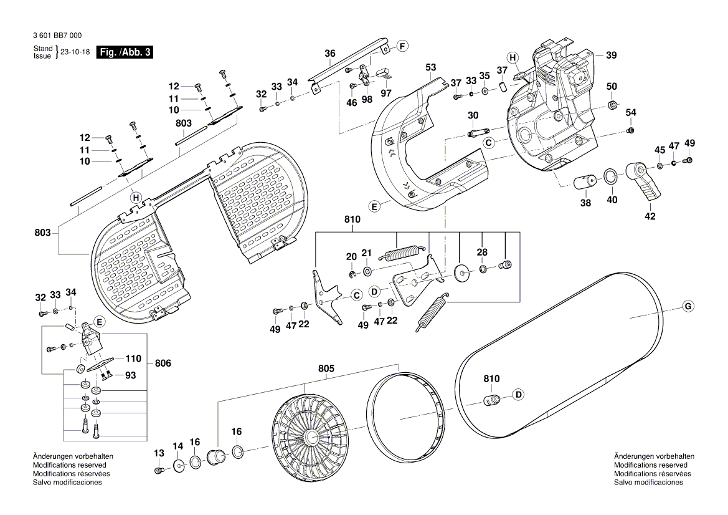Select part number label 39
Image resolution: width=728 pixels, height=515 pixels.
[x=611, y=55]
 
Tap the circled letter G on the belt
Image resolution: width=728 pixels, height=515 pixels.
[x=688, y=306]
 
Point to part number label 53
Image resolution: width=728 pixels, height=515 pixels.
[x=430, y=67]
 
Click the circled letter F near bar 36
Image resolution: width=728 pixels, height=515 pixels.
[x=402, y=46]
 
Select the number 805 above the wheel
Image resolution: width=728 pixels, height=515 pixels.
[x=326, y=369]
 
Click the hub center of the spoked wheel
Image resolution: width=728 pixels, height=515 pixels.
[x=310, y=435]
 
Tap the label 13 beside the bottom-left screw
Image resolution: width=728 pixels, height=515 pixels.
[x=158, y=453]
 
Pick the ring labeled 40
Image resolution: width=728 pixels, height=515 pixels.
[x=612, y=178]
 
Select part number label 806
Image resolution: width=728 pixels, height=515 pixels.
[x=163, y=363]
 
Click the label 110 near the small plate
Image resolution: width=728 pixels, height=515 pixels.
[x=133, y=359]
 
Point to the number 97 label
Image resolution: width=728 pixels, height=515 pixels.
[x=386, y=93]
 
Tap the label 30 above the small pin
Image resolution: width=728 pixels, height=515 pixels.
[x=473, y=115]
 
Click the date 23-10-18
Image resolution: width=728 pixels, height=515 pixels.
[x=73, y=52]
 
